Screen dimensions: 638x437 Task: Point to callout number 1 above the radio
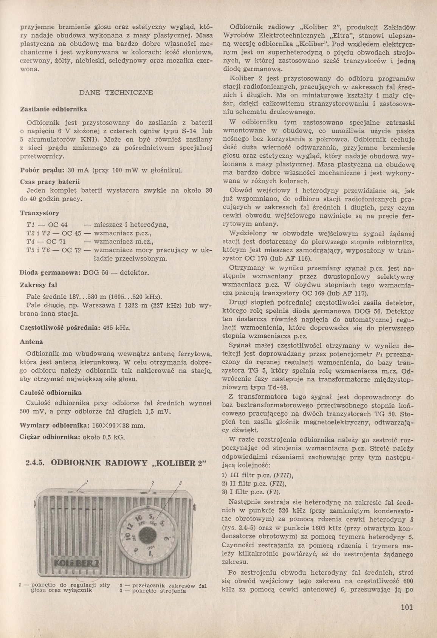(x=87, y=481)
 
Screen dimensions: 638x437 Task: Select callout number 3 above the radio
(x=181, y=483)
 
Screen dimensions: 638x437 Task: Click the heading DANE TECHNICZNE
(x=116, y=92)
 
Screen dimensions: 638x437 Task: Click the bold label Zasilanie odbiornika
(x=53, y=109)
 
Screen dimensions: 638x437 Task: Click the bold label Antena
(x=31, y=342)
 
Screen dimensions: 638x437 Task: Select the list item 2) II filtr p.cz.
(x=253, y=484)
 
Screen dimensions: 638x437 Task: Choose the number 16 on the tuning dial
(x=138, y=517)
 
